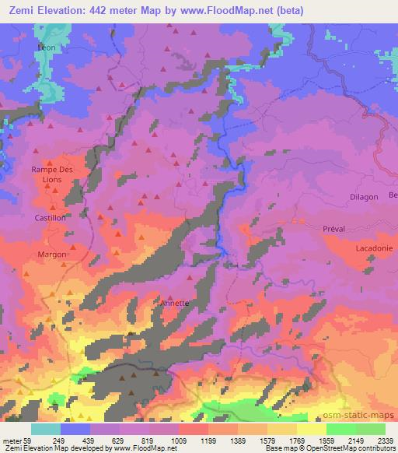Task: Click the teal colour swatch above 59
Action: click(x=46, y=429)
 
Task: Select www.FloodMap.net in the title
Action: click(x=236, y=11)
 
